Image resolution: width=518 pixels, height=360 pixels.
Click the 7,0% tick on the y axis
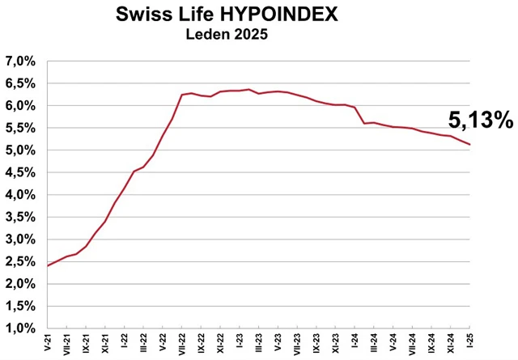[x=22, y=61]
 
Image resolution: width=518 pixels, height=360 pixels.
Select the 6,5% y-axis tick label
[x=22, y=83]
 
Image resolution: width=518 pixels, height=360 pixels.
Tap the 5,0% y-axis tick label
[x=22, y=150]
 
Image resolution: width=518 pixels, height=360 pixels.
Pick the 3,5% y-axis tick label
[x=22, y=218]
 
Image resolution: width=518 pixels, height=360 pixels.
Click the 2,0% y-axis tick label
[x=22, y=284]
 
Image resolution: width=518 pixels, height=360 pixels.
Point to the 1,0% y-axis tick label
[x=22, y=328]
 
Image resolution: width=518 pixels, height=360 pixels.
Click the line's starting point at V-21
[x=48, y=265]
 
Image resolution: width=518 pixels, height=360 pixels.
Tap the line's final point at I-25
[x=470, y=144]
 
